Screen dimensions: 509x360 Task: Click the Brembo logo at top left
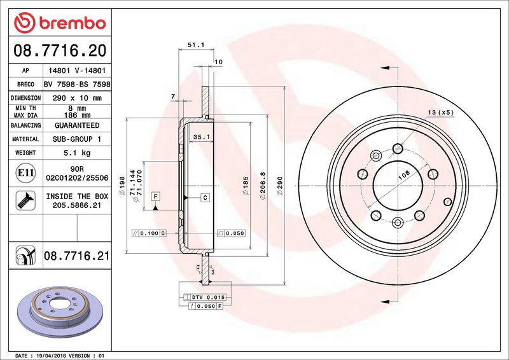[60, 23]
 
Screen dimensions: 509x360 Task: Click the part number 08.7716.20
[60, 51]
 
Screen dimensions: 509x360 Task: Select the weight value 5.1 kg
[77, 153]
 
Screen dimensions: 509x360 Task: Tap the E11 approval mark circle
[25, 173]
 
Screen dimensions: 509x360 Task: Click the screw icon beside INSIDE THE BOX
[25, 200]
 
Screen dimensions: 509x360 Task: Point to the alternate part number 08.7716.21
[76, 256]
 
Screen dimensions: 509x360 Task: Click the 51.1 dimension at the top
[196, 45]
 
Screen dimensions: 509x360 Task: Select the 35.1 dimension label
[201, 137]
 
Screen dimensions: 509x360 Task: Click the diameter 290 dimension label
[280, 186]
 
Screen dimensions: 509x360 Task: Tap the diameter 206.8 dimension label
[263, 186]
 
